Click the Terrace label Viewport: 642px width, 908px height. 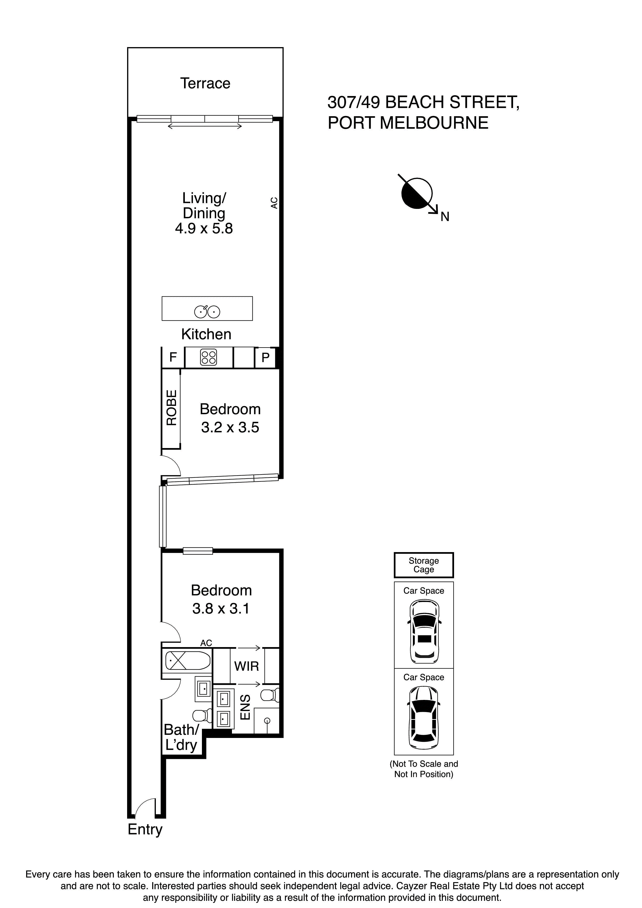205,83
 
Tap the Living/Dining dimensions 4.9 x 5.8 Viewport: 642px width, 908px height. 204,229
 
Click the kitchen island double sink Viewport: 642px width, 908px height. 207,312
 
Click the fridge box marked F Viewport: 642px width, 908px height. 173,357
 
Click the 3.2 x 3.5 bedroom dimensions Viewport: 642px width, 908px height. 230,428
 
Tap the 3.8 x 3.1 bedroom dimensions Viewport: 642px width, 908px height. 221,609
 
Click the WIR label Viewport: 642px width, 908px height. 246,666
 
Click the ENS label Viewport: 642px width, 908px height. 245,707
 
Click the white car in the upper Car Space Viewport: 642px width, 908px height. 424,631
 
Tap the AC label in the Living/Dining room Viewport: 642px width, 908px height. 274,203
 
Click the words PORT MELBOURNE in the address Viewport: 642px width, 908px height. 408,123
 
